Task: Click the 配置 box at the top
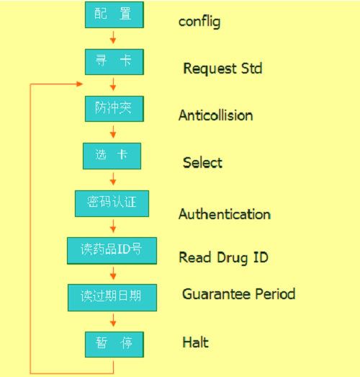click(114, 14)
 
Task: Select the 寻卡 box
click(114, 62)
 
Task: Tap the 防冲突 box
click(114, 109)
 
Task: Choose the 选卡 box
click(112, 156)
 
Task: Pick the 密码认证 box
click(112, 204)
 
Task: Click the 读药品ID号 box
click(112, 251)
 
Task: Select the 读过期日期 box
click(112, 298)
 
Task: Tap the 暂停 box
click(114, 345)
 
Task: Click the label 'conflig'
click(199, 22)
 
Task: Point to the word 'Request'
click(210, 68)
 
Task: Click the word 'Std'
click(251, 68)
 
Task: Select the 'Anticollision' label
click(216, 115)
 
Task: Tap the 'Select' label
click(202, 162)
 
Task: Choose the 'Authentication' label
click(225, 214)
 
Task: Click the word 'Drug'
click(233, 258)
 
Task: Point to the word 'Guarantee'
click(217, 294)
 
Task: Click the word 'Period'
click(275, 294)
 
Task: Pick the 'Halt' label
click(196, 342)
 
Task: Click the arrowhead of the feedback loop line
click(80, 84)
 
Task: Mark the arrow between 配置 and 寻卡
click(113, 37)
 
